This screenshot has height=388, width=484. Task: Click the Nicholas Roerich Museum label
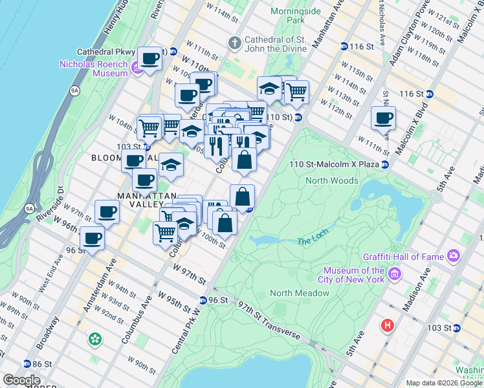[93, 69]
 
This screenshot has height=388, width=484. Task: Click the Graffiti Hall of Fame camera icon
[454, 256]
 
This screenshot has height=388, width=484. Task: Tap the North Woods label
[331, 180]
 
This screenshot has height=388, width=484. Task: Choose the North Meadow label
[300, 293]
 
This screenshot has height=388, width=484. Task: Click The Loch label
[313, 241]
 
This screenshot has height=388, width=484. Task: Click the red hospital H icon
[388, 325]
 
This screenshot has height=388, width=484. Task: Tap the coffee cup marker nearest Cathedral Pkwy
[151, 59]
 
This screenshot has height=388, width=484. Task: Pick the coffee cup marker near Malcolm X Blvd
[383, 118]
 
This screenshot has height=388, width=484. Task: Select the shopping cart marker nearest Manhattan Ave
[296, 92]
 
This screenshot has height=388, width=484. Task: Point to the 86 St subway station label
[41, 363]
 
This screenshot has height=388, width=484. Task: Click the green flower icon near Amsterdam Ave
[96, 338]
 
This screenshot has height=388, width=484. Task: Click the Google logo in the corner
[21, 380]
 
